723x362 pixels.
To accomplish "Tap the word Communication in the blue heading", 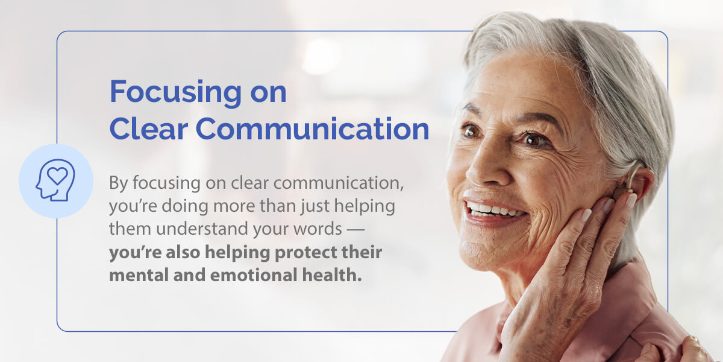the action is [313, 129].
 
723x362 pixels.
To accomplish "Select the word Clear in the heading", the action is [148, 129].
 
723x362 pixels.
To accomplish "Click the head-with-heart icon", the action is [55, 180].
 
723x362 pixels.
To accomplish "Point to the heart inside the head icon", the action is [57, 176].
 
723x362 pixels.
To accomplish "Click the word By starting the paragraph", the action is [119, 183].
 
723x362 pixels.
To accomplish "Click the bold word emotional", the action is [254, 275].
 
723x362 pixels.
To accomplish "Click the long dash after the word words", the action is [355, 229].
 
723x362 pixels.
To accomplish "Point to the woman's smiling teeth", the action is [493, 209].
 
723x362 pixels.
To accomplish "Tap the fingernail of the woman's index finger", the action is [631, 200].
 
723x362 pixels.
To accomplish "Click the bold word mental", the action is [139, 275].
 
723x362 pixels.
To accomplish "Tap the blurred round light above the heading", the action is [320, 56].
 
